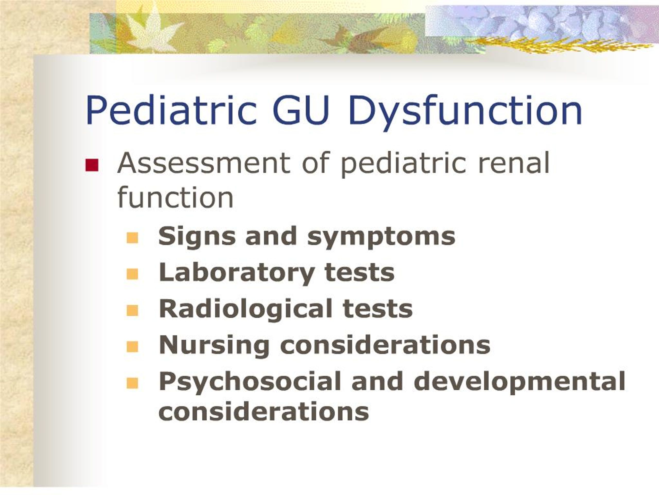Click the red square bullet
pos(92,165)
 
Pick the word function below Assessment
pos(175,197)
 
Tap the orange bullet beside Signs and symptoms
pos(132,238)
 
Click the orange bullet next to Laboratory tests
pos(132,274)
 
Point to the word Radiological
pos(246,309)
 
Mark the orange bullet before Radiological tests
pos(132,310)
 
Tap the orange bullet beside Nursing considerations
pos(132,347)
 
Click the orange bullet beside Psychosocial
pos(132,383)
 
